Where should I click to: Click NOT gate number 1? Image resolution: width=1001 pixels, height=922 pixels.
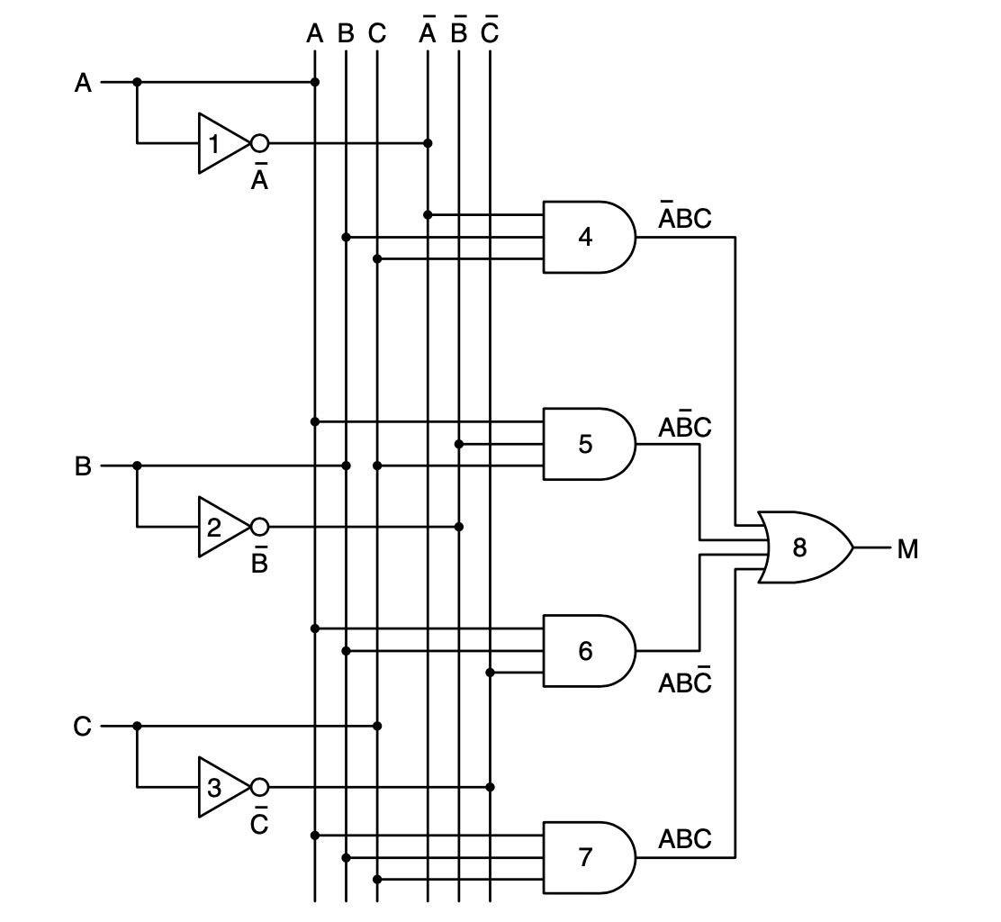(x=220, y=143)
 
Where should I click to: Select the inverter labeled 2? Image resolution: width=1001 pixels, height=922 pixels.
(x=220, y=527)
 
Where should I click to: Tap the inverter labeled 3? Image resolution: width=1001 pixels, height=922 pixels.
(x=220, y=788)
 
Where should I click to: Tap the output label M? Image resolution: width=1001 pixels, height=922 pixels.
(x=907, y=548)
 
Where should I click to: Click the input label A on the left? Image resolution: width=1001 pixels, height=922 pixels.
(x=83, y=84)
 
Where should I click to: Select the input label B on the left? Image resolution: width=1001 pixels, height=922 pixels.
(x=83, y=467)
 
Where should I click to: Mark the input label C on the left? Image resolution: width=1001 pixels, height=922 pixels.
(x=83, y=727)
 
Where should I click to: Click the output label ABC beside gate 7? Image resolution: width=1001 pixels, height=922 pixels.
(x=684, y=839)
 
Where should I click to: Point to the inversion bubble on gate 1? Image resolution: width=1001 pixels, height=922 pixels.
(x=259, y=143)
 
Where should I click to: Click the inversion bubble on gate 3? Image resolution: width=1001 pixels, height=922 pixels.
(x=259, y=788)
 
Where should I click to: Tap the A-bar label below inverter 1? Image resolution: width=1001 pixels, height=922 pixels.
(x=259, y=178)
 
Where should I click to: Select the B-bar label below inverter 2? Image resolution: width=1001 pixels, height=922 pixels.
(x=259, y=562)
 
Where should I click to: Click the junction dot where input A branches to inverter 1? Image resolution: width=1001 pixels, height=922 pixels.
(x=137, y=82)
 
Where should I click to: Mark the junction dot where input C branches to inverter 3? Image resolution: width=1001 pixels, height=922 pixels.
(x=137, y=726)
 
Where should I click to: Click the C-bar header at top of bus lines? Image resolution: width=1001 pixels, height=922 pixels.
(x=490, y=32)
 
